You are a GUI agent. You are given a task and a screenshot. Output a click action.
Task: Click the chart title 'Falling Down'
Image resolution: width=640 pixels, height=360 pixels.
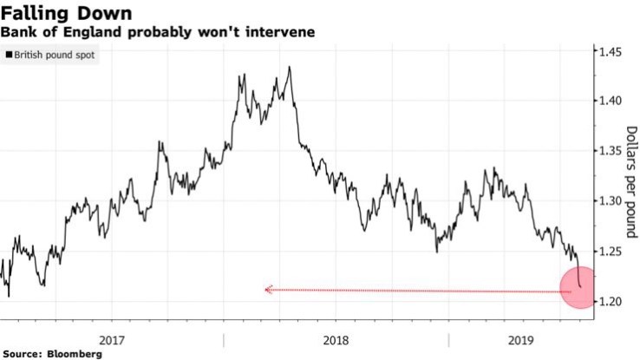click(67, 13)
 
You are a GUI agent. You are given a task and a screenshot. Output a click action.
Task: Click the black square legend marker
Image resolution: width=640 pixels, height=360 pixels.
click(10, 55)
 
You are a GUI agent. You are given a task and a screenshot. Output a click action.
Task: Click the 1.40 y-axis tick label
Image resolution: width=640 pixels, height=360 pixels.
click(611, 101)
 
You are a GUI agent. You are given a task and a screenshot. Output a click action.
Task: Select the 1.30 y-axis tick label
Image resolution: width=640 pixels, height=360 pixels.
click(611, 201)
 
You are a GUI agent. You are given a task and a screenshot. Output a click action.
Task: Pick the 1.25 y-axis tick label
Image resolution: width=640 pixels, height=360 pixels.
click(611, 252)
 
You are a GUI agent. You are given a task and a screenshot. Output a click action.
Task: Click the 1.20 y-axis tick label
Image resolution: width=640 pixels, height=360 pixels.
click(611, 301)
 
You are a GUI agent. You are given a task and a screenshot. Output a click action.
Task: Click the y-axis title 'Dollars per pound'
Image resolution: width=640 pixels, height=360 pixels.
click(630, 180)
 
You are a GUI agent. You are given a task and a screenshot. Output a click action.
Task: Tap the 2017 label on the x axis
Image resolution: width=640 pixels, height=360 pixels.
click(113, 340)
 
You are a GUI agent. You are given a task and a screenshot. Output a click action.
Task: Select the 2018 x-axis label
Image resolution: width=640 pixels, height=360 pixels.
click(336, 340)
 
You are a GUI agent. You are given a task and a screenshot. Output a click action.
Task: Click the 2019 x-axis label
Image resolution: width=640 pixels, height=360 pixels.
click(521, 340)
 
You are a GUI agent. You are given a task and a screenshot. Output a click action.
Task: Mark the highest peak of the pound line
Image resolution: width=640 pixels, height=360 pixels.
click(289, 67)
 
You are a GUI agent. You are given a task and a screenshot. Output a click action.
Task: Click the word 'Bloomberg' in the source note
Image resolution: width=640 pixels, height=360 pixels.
click(67, 354)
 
